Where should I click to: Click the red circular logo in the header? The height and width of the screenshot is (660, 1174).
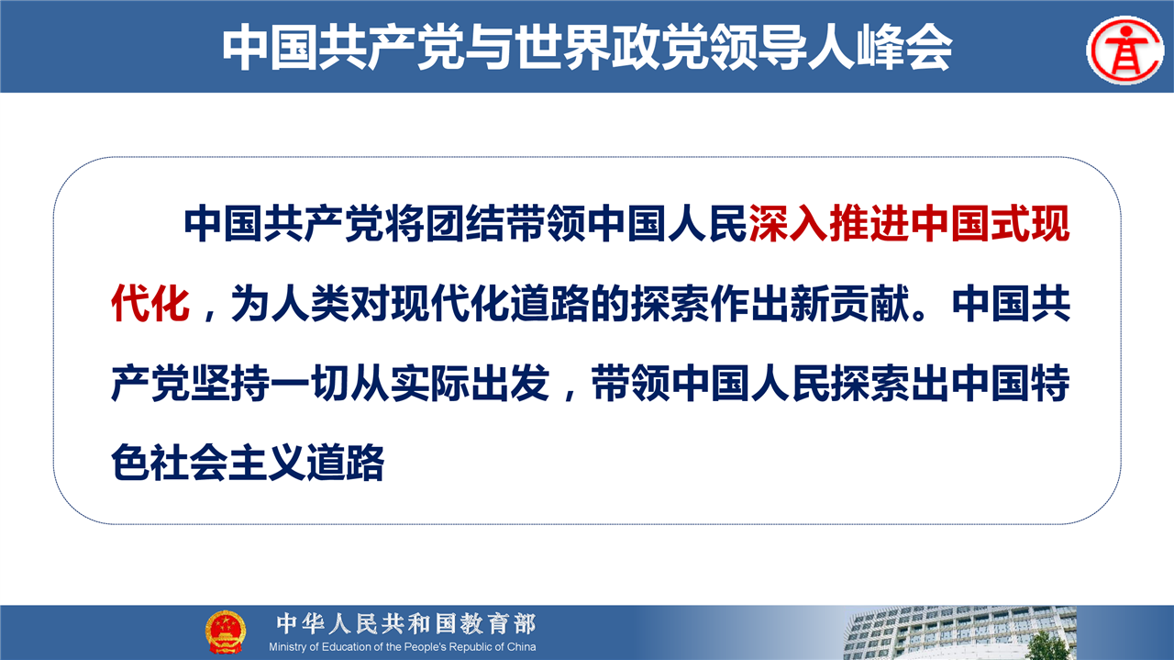point(1124,50)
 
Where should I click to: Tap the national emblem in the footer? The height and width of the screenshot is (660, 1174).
point(225,632)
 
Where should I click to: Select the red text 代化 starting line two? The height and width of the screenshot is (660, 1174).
point(150,304)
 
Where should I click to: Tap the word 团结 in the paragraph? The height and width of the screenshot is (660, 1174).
point(465,224)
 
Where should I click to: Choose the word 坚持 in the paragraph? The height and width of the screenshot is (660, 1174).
point(230,384)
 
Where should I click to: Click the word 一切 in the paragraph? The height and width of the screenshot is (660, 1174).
point(310,384)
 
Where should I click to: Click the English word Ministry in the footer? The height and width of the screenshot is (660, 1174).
point(288,647)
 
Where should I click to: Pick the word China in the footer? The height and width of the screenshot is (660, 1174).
point(521,647)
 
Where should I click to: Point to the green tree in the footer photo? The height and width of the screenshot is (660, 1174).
point(1047,645)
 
